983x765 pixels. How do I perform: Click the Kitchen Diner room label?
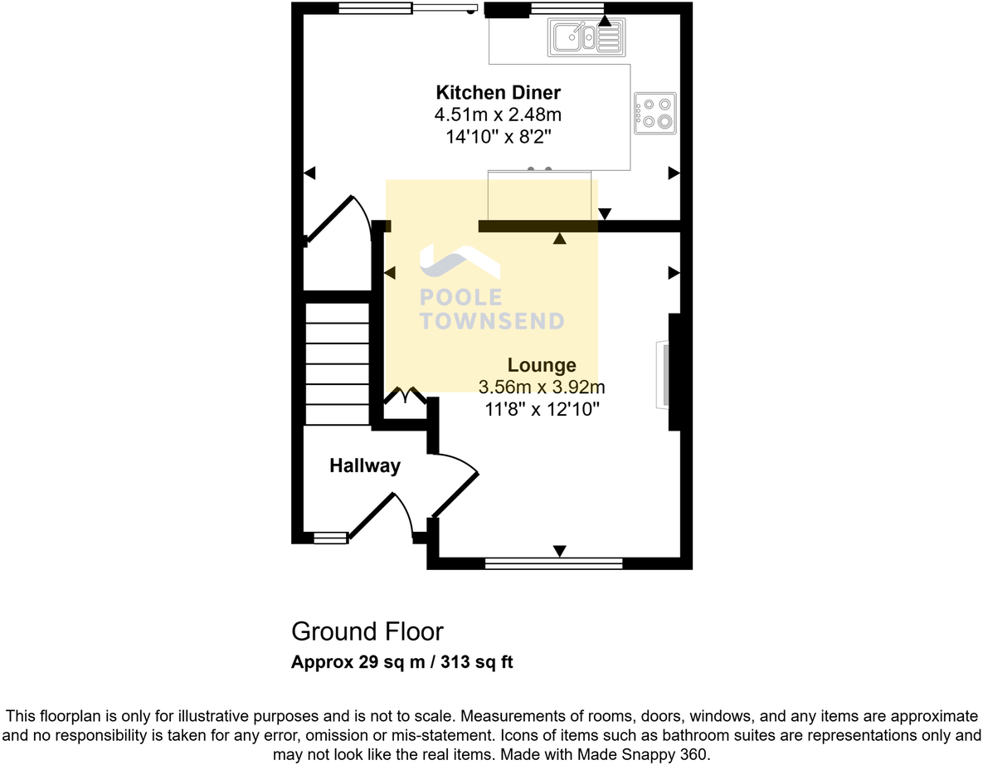[x=499, y=92]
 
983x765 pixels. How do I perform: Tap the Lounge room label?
[x=542, y=365]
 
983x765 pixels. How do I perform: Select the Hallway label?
[x=365, y=466]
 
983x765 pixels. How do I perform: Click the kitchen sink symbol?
[x=585, y=37]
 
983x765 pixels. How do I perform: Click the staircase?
[x=337, y=363]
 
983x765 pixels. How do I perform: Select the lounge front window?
[x=553, y=563]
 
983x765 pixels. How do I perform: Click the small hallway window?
[x=329, y=538]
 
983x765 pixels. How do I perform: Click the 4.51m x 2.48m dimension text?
[x=499, y=115]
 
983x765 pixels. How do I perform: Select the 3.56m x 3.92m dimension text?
[x=542, y=387]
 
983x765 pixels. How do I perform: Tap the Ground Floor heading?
[x=367, y=631]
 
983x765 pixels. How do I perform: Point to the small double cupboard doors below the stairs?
[x=405, y=397]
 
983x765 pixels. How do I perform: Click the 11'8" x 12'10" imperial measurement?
[x=542, y=408]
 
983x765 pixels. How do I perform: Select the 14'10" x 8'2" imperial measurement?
[x=499, y=136]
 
